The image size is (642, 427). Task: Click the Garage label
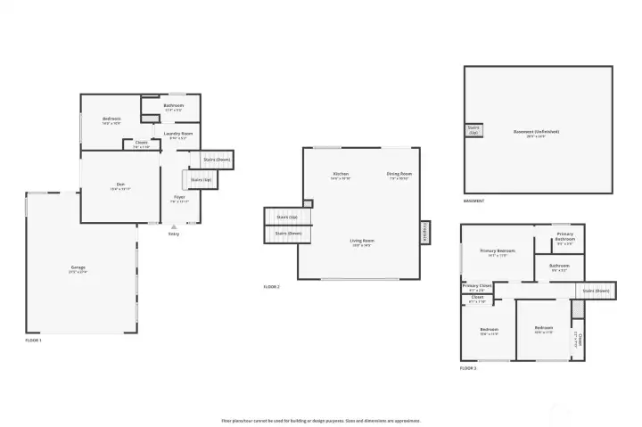(78, 267)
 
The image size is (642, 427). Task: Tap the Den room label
(119, 187)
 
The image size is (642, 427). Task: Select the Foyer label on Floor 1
(179, 198)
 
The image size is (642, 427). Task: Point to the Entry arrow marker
(173, 227)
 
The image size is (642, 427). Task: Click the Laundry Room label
(177, 135)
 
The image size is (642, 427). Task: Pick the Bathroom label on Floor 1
(174, 106)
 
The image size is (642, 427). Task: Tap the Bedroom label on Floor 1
(111, 119)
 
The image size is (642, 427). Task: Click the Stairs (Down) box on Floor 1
(217, 160)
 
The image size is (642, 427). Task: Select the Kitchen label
(341, 175)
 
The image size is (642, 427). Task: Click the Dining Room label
(399, 175)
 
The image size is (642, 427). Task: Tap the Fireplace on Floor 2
(424, 232)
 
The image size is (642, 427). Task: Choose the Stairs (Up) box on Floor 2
(285, 217)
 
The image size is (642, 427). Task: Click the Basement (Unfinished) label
(537, 133)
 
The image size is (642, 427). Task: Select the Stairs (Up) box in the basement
(473, 130)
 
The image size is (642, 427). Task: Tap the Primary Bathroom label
(565, 237)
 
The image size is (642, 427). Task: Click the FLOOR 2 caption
(272, 287)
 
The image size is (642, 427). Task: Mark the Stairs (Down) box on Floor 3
(595, 290)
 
